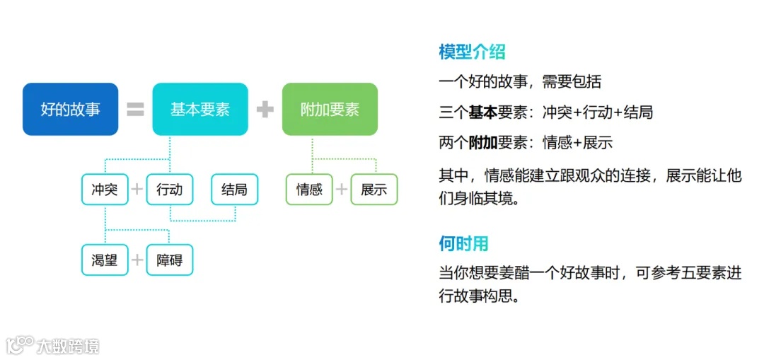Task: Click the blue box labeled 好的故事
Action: [x=70, y=109]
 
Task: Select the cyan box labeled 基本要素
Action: [x=200, y=109]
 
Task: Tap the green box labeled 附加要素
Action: [x=330, y=109]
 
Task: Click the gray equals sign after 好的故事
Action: [x=135, y=110]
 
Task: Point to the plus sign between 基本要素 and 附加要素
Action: [x=265, y=110]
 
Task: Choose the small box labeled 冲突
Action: [x=105, y=190]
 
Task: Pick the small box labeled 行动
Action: [x=170, y=190]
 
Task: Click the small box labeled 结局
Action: [x=234, y=190]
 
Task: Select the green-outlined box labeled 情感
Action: [x=309, y=190]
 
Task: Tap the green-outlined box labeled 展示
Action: [x=374, y=190]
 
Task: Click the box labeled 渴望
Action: [x=105, y=260]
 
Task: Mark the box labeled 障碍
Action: [x=170, y=260]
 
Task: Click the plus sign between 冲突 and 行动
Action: [x=137, y=190]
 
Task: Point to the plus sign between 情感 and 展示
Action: [x=342, y=190]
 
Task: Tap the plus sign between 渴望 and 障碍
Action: [x=137, y=260]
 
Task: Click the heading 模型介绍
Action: [x=472, y=52]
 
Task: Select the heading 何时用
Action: [x=463, y=244]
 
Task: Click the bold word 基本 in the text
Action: [x=483, y=112]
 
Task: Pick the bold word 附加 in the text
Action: [x=483, y=143]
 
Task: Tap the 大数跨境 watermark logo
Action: [x=53, y=344]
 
